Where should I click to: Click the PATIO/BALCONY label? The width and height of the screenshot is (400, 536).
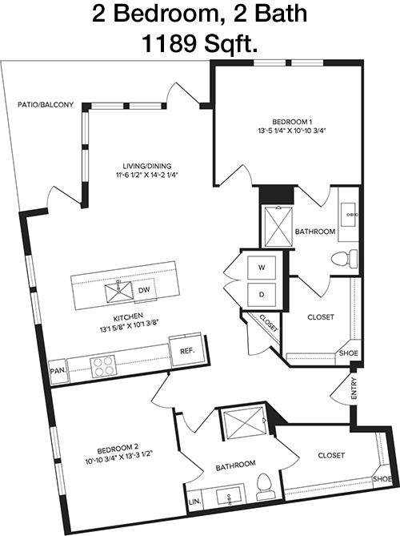(46, 105)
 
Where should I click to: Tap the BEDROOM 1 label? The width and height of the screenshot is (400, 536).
(292, 122)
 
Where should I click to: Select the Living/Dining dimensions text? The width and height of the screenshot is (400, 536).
(147, 175)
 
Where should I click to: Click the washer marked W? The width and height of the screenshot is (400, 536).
(262, 268)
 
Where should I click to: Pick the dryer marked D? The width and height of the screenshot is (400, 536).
(262, 295)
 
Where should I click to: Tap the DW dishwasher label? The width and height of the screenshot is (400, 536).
(144, 290)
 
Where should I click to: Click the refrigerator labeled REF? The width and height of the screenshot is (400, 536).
(187, 351)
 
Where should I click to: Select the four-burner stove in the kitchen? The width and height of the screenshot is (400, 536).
(102, 366)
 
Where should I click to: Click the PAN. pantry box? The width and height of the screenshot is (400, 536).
(58, 371)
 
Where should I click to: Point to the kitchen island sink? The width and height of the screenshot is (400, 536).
(118, 292)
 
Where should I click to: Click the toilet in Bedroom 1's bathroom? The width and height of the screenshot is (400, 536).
(344, 259)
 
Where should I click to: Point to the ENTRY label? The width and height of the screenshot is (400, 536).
(354, 389)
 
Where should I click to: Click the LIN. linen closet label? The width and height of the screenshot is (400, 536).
(194, 502)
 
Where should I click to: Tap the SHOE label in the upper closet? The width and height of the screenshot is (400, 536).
(349, 353)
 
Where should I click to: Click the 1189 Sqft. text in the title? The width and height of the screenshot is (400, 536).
(200, 43)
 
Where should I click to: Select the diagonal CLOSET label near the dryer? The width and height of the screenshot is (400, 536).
(269, 323)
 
